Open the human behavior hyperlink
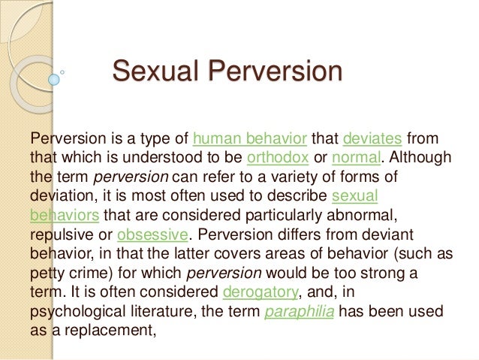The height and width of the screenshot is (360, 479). (250, 140)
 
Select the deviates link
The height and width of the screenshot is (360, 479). (374, 140)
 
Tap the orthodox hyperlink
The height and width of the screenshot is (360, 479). (277, 159)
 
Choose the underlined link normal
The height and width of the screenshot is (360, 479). (356, 159)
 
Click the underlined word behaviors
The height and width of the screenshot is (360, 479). (65, 214)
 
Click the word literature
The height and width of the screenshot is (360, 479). (158, 308)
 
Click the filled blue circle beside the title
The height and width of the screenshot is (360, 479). (53, 79)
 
